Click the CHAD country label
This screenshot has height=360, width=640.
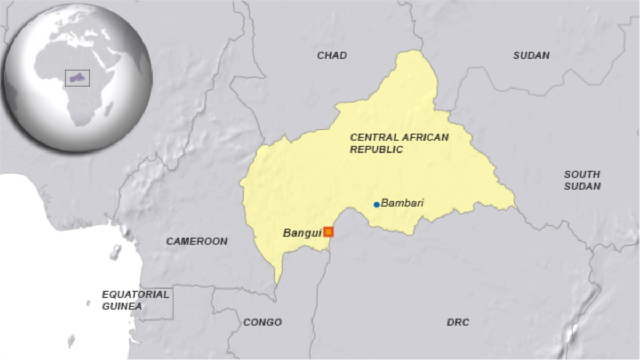[332, 55]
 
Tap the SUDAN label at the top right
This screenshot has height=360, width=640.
[531, 55]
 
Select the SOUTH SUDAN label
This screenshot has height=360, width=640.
[582, 180]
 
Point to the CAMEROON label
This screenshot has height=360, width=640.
[196, 242]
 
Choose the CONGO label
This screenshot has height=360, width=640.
[262, 323]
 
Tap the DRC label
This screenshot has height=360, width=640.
[458, 323]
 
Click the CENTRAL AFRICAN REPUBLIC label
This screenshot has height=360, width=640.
[399, 143]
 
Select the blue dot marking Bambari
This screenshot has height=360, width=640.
[377, 204]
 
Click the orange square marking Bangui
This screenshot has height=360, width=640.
[329, 231]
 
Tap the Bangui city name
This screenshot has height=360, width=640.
[302, 233]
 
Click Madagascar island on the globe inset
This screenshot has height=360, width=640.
[109, 109]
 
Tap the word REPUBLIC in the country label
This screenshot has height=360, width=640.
[376, 150]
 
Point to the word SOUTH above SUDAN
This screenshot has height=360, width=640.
[582, 174]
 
